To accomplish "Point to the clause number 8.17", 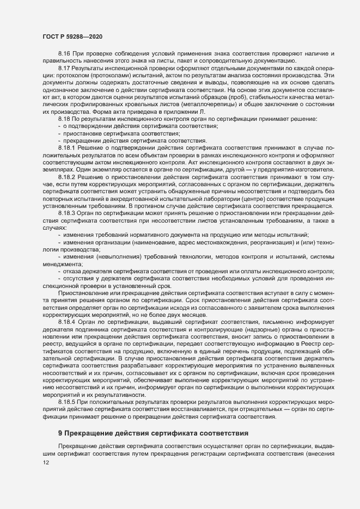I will [64, 69].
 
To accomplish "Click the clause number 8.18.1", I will [67, 147].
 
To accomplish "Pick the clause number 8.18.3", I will [67, 213].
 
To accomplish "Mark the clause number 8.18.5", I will [67, 386].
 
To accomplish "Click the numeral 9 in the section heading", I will [60, 418].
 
